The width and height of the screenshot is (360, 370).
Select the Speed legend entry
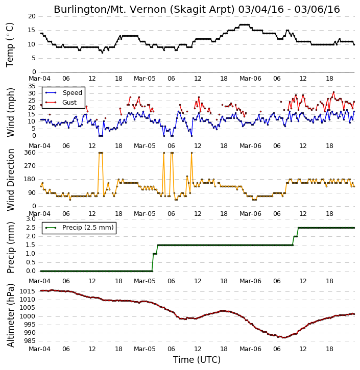click(x=64, y=93)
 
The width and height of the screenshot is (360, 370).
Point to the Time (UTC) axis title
click(x=197, y=360)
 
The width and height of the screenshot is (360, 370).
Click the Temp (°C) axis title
click(x=10, y=45)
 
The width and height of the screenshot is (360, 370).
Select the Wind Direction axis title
click(x=11, y=180)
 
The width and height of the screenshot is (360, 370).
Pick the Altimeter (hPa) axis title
click(x=11, y=315)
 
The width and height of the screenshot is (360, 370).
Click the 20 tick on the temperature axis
click(x=32, y=16)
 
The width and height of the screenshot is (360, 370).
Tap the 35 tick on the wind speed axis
click(x=32, y=86)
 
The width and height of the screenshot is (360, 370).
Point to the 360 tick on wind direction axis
click(x=30, y=153)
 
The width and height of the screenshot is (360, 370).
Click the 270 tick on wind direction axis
click(x=30, y=166)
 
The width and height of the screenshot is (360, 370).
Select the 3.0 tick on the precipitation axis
click(x=31, y=219)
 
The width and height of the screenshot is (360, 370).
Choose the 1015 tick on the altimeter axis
click(x=28, y=291)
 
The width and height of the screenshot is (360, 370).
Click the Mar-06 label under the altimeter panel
click(x=250, y=349)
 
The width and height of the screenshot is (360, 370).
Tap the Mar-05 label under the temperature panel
click(x=145, y=79)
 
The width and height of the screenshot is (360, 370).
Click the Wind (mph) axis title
click(x=11, y=112)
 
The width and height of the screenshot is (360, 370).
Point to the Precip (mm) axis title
click(x=11, y=248)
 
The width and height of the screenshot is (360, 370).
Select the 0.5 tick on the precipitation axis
click(x=31, y=262)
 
